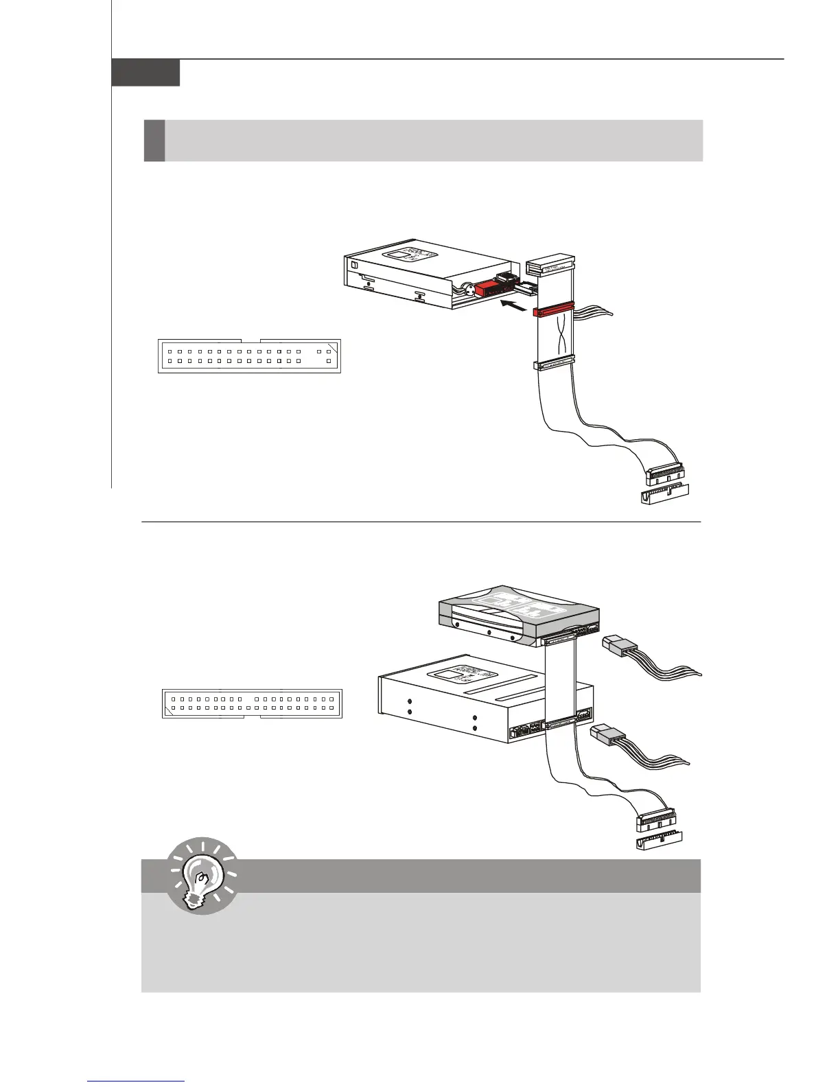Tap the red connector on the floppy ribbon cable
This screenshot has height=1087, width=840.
(x=553, y=311)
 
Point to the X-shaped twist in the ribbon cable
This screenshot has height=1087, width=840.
(x=554, y=339)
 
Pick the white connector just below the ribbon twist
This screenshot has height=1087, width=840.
(x=553, y=364)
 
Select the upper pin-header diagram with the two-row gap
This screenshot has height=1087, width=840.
(x=249, y=355)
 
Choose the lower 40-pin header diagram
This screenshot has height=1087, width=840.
(x=252, y=703)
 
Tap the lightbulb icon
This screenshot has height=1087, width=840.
(x=202, y=876)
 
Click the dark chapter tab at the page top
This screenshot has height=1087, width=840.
(x=145, y=73)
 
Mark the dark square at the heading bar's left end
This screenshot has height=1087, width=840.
(x=154, y=141)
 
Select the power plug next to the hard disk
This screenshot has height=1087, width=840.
(x=620, y=646)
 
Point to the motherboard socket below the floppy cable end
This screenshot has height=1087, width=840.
(x=665, y=497)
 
